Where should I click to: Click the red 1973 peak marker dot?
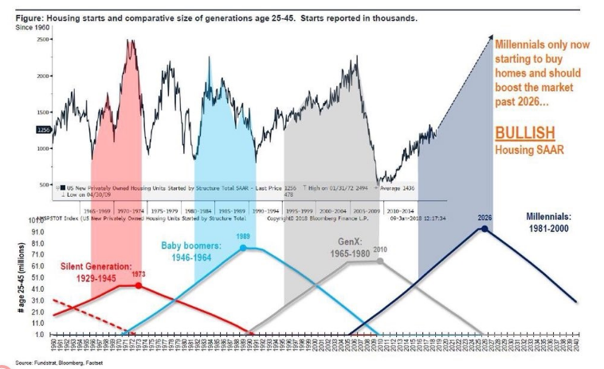(139, 285)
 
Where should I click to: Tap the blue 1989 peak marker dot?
(244, 247)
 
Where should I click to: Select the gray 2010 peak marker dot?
(380, 261)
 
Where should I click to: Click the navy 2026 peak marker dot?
(485, 229)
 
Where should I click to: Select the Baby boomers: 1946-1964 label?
(196, 251)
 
